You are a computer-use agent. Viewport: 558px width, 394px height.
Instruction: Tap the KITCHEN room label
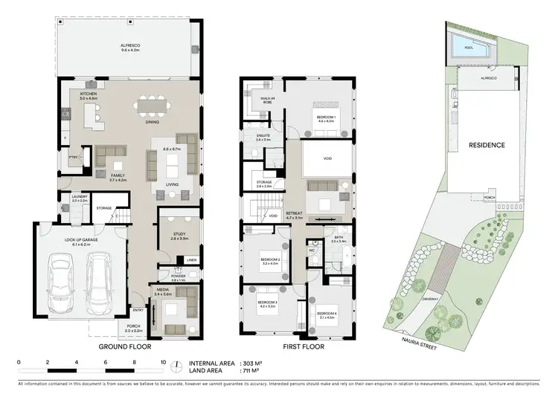[89, 94]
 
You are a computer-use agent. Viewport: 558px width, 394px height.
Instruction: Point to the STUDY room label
[179, 235]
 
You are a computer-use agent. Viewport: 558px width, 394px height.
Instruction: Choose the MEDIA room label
[162, 291]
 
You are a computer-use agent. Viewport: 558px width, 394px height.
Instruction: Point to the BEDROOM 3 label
[267, 303]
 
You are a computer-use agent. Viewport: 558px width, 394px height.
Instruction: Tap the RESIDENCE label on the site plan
[487, 145]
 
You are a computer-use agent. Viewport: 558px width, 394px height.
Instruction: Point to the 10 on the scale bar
[164, 362]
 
